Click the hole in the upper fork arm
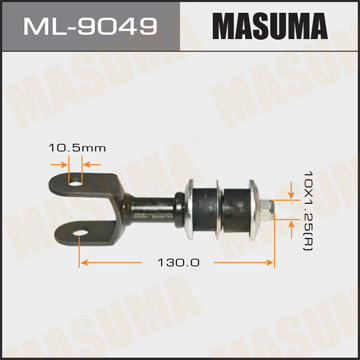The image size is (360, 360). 76,181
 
